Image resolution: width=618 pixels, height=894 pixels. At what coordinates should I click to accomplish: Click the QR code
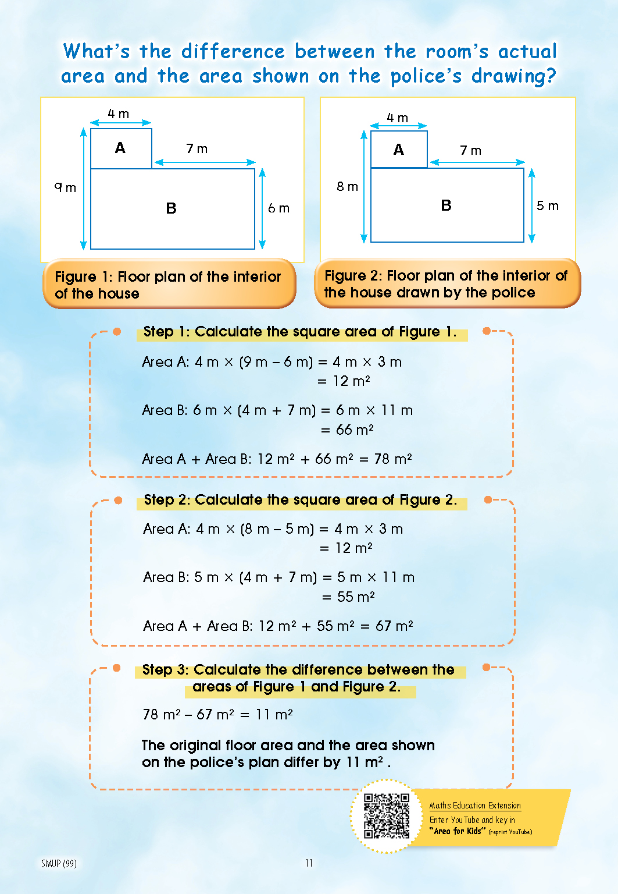click(x=387, y=815)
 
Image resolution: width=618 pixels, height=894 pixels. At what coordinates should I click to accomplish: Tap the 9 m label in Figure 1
click(x=65, y=187)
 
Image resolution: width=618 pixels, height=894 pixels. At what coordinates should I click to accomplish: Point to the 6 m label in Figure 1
click(x=278, y=208)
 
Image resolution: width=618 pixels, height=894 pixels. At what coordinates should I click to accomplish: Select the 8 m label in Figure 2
click(x=347, y=187)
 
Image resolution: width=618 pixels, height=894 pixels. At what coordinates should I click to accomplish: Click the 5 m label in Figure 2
click(x=547, y=206)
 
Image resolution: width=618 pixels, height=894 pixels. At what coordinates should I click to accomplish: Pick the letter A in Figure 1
click(x=120, y=148)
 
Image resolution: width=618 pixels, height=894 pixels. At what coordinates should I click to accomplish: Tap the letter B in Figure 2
click(x=446, y=205)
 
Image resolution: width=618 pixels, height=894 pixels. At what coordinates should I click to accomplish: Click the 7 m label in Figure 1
click(x=197, y=149)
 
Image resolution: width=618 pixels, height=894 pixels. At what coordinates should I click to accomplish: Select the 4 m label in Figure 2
click(x=398, y=118)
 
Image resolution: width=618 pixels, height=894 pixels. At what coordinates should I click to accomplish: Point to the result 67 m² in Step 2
click(x=394, y=626)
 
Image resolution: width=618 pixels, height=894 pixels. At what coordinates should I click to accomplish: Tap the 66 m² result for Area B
click(x=355, y=430)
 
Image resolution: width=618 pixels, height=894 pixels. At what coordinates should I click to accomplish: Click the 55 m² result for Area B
click(x=356, y=597)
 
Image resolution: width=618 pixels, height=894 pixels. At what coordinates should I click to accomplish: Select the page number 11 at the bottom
click(x=309, y=863)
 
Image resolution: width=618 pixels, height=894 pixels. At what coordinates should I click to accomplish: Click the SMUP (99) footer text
click(x=59, y=864)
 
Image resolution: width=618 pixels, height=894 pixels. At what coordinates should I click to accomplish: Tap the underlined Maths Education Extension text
click(x=475, y=806)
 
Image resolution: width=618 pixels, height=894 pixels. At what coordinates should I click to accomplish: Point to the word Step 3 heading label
click(x=165, y=670)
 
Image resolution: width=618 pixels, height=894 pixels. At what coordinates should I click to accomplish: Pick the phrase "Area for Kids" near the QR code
click(x=458, y=831)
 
